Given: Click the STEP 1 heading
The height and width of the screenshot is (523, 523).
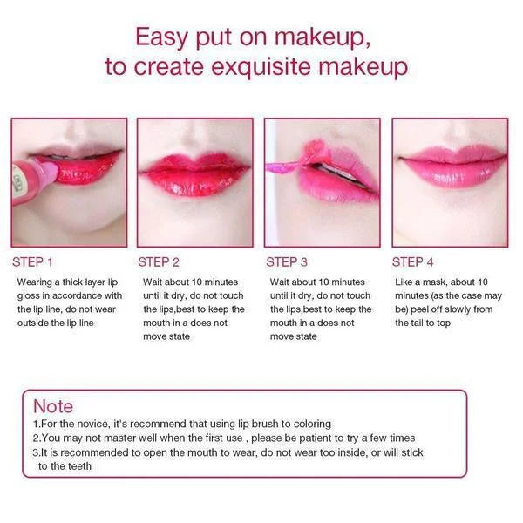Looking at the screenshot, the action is point(32,262).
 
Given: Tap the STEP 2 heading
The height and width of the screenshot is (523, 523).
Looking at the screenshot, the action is point(159,262).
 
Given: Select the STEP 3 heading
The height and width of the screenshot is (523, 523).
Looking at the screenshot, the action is point(287,262).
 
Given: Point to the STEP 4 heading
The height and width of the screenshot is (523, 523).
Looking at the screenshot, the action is point(412,262).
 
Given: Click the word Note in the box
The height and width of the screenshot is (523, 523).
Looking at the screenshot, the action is point(53,406).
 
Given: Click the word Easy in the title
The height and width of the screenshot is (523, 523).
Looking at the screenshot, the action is point(161,37).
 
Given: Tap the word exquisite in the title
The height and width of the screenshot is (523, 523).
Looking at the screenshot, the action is point(261,67).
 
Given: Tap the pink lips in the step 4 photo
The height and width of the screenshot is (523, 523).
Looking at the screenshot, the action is point(452,166).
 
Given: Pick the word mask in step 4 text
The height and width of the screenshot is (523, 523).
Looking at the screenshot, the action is point(435,282).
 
